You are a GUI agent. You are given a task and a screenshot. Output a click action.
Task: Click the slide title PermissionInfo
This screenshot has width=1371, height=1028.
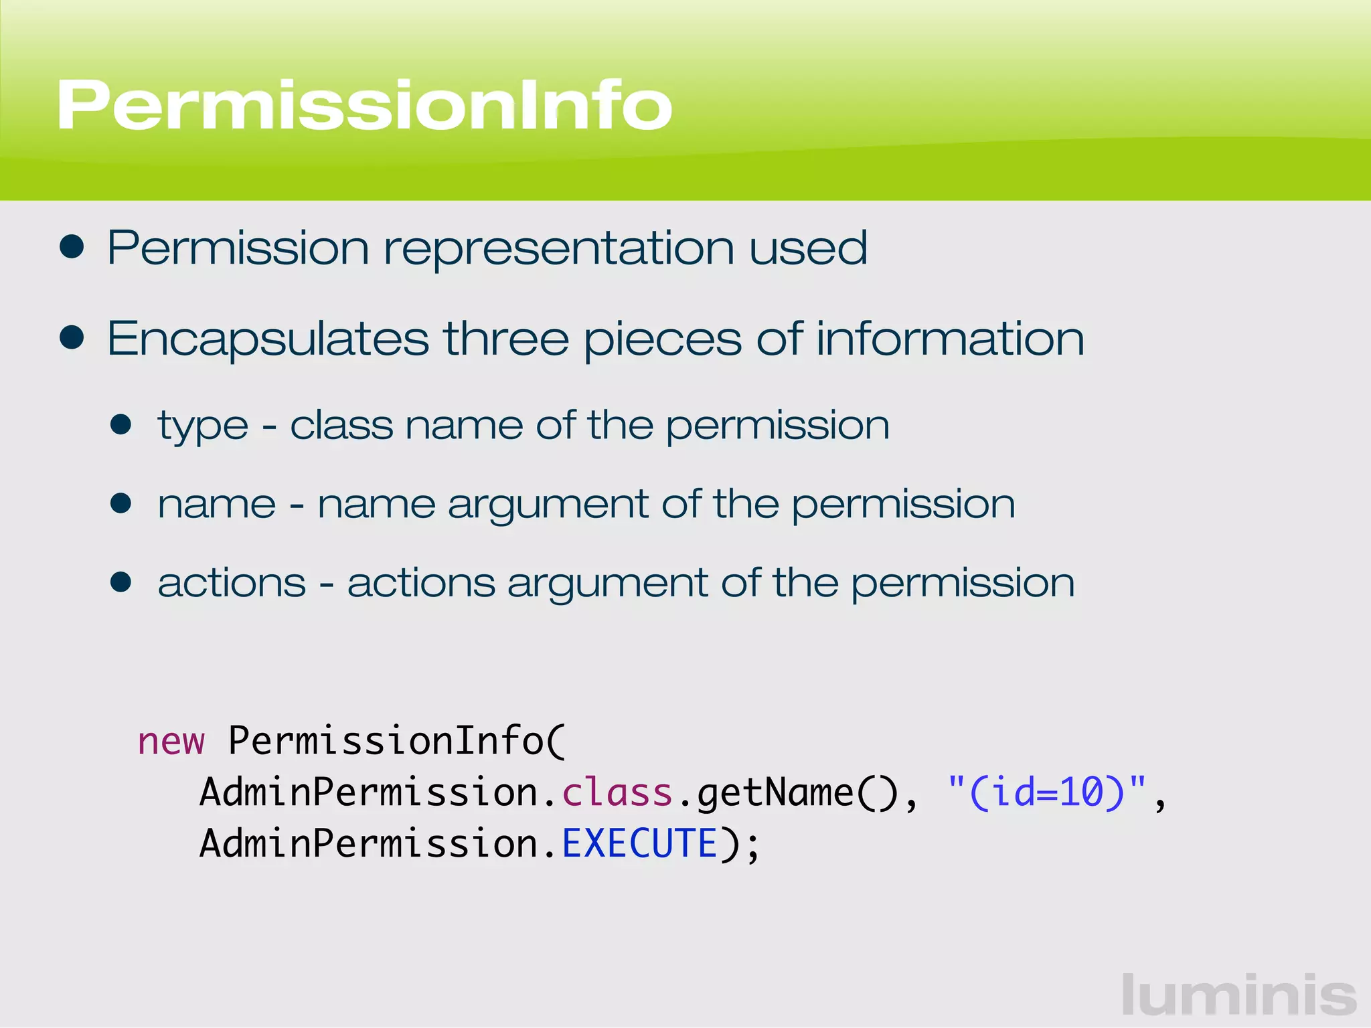[x=365, y=105]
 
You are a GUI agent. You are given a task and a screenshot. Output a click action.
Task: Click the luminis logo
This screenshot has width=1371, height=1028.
[x=1239, y=995]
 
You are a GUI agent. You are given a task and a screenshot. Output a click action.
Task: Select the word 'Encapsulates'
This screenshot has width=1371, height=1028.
[x=268, y=339]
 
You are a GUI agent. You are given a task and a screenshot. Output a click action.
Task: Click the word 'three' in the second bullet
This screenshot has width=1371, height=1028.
[x=506, y=338]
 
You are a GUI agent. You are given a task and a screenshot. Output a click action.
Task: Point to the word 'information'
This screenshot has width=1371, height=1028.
[x=950, y=338]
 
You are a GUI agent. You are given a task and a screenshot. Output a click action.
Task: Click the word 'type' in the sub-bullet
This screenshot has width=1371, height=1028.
[x=203, y=426]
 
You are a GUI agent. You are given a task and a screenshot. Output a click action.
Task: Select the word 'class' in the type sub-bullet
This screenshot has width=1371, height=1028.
[x=341, y=425]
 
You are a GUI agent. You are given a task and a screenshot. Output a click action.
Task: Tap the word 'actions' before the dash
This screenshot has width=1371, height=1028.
[x=232, y=582]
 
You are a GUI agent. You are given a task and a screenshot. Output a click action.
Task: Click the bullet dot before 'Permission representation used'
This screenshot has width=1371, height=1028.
[x=72, y=247]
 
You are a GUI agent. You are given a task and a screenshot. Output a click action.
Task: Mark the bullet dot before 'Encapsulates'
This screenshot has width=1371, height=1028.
[x=72, y=337]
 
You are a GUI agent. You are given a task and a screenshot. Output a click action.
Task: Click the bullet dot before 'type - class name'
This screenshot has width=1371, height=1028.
[x=121, y=424]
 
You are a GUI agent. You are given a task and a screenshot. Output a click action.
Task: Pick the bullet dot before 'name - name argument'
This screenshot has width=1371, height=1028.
[x=121, y=503]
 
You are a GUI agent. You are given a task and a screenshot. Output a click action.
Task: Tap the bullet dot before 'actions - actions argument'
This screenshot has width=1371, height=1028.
[x=121, y=582]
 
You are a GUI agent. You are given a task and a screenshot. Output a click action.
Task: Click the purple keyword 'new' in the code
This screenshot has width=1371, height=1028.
[x=171, y=742]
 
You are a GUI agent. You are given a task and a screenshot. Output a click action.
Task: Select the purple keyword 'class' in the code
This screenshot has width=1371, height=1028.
[x=617, y=792]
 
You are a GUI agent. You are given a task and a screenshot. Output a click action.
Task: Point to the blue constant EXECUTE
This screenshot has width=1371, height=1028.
[x=639, y=843]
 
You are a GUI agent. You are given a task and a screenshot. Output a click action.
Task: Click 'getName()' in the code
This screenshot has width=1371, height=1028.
[x=797, y=794]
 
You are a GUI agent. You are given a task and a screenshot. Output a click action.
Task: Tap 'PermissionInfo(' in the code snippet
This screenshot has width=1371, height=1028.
[x=397, y=741]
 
